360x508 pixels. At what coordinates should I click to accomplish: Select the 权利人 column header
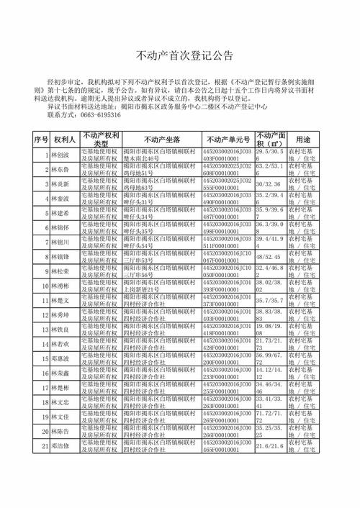(x=60, y=139)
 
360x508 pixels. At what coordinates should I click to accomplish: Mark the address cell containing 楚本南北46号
(x=161, y=155)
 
